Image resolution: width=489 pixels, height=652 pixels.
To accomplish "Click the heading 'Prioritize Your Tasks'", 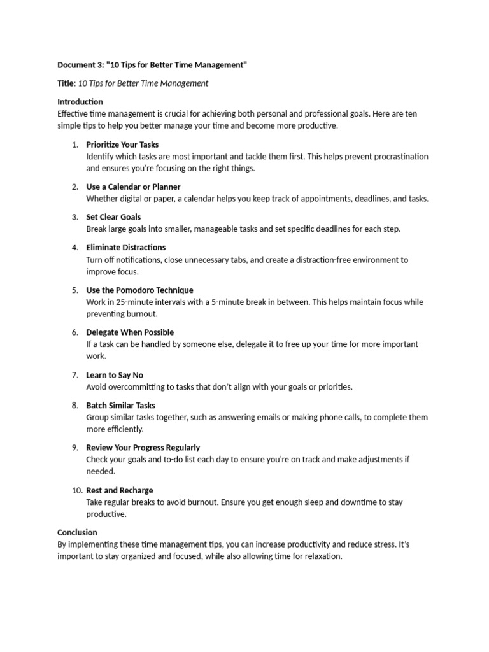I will coord(122,145).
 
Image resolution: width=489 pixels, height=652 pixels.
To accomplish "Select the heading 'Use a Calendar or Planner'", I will coord(133,187).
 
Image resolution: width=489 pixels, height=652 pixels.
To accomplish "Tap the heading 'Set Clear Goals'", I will coord(113,217).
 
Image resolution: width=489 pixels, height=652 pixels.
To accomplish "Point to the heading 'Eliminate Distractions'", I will coord(125,247).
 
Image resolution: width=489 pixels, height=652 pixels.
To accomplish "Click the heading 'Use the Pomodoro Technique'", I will coord(139,290).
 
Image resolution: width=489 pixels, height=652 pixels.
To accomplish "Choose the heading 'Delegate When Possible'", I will coord(130,332).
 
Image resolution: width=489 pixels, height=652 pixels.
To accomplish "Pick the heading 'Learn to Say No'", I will coord(115,375).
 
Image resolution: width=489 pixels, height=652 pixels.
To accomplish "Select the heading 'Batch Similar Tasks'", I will coord(120,405).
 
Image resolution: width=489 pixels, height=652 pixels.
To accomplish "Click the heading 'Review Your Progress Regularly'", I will coord(143,448).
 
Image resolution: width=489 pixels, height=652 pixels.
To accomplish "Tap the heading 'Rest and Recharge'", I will coord(119,490).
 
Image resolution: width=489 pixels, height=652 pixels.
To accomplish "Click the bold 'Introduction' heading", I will coord(80,102).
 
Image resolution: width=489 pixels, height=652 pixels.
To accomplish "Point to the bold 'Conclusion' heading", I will coord(77,532).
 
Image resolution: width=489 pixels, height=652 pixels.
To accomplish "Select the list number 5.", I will coord(75,290).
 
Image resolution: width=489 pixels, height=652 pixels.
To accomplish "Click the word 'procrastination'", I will coord(396,157).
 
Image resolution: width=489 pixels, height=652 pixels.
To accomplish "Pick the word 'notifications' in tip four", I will coord(134,260).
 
